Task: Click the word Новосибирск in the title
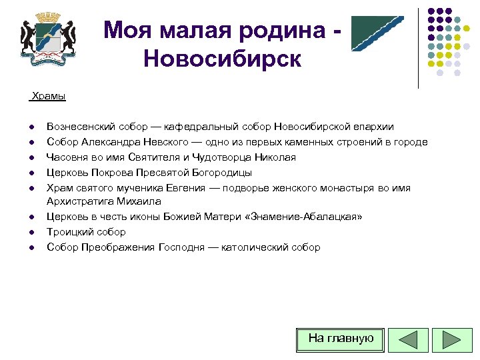coord(222,59)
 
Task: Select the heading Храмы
coord(49,97)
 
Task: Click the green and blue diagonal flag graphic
coord(377,33)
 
